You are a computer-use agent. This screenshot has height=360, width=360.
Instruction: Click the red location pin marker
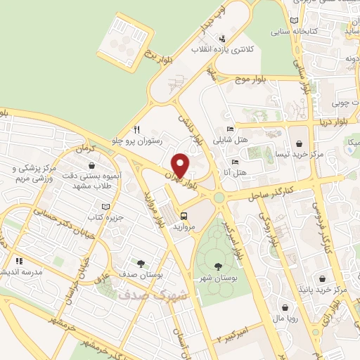(x=180, y=165)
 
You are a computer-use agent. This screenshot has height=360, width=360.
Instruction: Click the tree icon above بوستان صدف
(x=141, y=264)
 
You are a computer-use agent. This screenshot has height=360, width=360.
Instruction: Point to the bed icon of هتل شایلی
(x=231, y=129)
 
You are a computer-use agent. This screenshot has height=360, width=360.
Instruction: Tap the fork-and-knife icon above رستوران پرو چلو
(x=137, y=129)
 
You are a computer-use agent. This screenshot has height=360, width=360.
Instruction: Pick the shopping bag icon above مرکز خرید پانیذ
(x=321, y=278)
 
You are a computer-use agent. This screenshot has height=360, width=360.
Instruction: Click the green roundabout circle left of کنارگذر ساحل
(x=219, y=198)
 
